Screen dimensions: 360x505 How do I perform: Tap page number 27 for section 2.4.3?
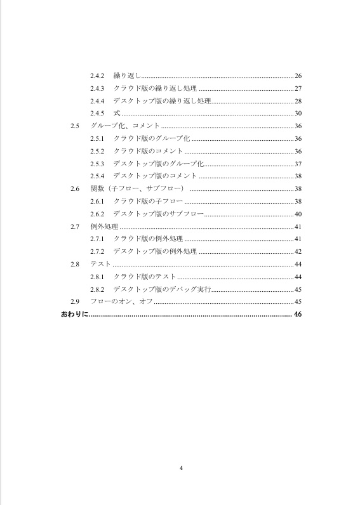(x=298, y=88)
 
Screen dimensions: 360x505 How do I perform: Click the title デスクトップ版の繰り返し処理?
(x=161, y=101)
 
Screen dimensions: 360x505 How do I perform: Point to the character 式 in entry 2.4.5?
(x=116, y=113)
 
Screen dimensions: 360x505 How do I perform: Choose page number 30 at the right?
(x=298, y=113)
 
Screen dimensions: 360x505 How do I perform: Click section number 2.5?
(x=75, y=126)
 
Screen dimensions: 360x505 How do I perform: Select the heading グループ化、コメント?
(x=125, y=126)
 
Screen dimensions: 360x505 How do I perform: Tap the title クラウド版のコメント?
(x=148, y=151)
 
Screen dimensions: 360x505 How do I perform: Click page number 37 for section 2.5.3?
(x=298, y=164)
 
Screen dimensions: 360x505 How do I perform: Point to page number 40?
(x=298, y=214)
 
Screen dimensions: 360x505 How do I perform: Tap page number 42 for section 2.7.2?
(x=298, y=251)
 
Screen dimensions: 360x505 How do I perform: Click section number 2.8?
(x=75, y=264)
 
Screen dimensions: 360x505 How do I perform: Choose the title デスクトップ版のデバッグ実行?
(x=161, y=289)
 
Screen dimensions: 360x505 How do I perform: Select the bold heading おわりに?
(x=74, y=314)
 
